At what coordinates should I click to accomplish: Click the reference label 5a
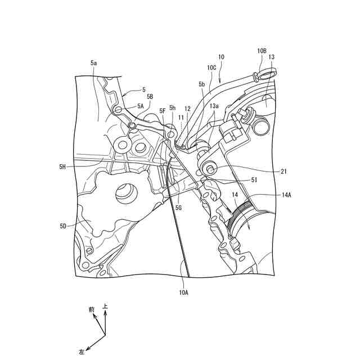(x=93, y=64)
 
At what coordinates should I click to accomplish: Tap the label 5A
(x=141, y=106)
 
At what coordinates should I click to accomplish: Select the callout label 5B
(x=149, y=96)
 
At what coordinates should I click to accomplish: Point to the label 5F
(x=163, y=111)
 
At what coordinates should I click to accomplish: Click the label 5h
(x=173, y=107)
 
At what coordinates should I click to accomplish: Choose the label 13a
(x=214, y=106)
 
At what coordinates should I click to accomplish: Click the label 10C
(x=211, y=67)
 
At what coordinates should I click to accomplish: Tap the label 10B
(x=262, y=51)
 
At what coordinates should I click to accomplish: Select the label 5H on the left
(x=62, y=166)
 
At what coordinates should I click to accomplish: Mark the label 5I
(x=254, y=180)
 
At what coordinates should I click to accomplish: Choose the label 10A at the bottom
(x=183, y=292)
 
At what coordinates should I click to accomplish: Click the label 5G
(x=179, y=208)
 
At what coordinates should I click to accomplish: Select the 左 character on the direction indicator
(x=82, y=352)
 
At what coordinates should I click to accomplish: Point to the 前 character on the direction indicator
(x=91, y=310)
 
